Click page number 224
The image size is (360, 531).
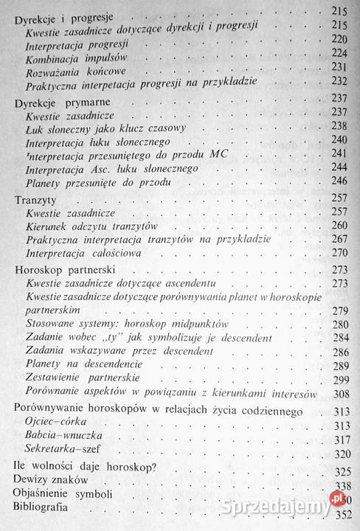(339, 52)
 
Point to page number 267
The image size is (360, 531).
(339, 239)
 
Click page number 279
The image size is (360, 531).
(339, 308)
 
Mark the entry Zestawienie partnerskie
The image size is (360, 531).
(80, 378)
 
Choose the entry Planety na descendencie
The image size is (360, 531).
(82, 364)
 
